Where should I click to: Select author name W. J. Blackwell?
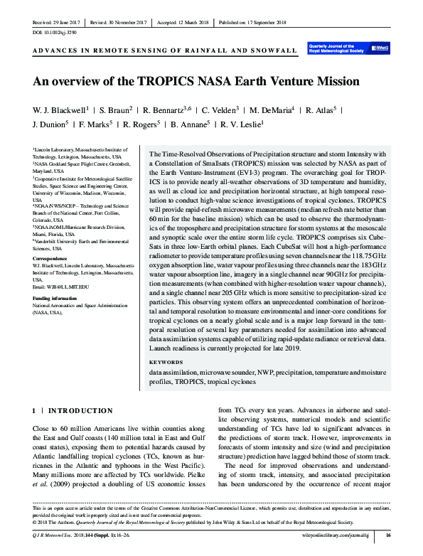click(60, 110)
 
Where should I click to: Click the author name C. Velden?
click(219, 110)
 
